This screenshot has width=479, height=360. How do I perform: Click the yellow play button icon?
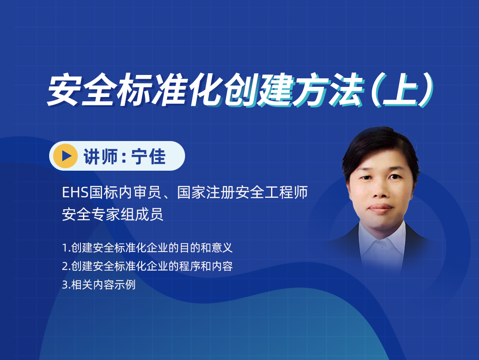(65, 156)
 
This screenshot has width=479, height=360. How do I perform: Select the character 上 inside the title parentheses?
(401, 90)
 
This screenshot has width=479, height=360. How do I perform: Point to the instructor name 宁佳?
(149, 156)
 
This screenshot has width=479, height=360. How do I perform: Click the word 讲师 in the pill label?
(100, 156)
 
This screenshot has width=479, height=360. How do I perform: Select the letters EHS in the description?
(75, 193)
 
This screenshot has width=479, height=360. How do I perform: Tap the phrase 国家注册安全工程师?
(243, 193)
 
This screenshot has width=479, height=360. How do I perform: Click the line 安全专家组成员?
(112, 214)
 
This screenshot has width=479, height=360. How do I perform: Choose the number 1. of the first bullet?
(66, 248)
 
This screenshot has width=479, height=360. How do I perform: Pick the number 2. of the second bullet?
(66, 266)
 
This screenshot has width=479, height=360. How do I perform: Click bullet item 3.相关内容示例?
(99, 285)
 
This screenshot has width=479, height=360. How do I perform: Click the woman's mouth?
(380, 208)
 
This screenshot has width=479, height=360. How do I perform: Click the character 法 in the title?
(345, 90)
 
